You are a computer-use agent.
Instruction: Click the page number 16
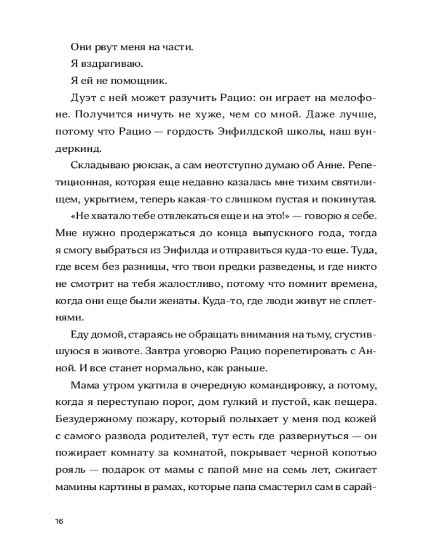click(x=60, y=521)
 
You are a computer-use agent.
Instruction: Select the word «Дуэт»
click(x=83, y=98)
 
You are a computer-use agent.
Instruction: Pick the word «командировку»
click(x=289, y=386)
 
